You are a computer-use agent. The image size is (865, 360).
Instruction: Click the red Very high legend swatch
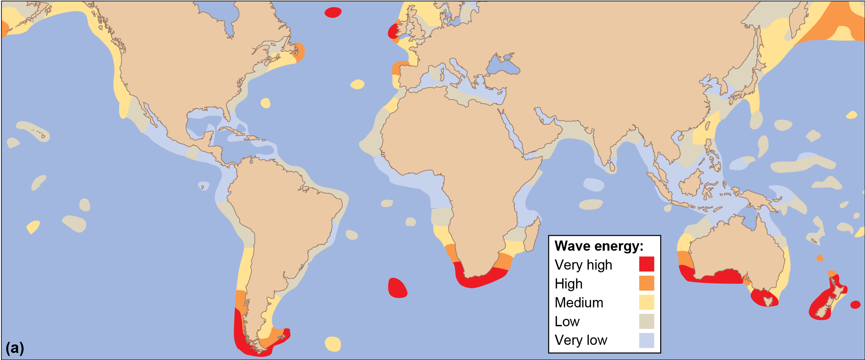646,264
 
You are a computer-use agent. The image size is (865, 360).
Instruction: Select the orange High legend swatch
646,283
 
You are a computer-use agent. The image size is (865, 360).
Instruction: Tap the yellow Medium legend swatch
646,302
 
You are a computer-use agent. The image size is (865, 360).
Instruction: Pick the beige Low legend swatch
646,321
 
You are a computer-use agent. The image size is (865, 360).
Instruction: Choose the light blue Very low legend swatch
646,340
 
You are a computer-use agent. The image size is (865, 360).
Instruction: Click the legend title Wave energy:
599,246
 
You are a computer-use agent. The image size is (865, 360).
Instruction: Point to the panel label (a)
15,348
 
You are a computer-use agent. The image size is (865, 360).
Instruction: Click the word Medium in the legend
579,303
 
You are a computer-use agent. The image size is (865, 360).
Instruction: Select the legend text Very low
581,340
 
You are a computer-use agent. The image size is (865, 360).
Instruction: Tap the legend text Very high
583,265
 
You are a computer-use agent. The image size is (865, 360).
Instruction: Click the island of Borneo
692,184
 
